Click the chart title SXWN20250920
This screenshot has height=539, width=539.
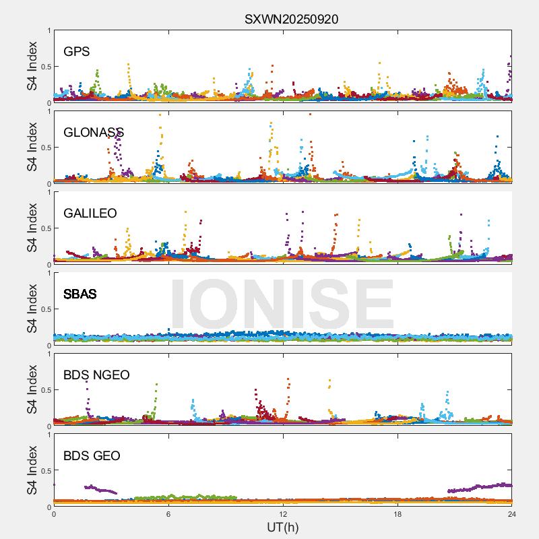291,19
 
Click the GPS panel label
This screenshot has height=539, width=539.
77,52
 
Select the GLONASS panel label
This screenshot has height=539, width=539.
94,133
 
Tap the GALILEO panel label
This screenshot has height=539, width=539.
90,214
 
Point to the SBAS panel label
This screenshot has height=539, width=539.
80,294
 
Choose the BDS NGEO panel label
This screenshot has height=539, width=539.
96,375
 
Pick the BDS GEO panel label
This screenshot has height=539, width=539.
92,456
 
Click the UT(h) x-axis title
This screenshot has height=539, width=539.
282,527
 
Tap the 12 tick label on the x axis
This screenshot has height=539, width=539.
283,514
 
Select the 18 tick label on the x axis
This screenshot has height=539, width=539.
398,514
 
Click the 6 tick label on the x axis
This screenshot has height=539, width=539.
168,514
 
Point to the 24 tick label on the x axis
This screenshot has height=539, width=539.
511,514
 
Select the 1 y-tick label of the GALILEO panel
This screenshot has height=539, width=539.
49,193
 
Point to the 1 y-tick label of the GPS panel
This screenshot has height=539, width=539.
49,31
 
